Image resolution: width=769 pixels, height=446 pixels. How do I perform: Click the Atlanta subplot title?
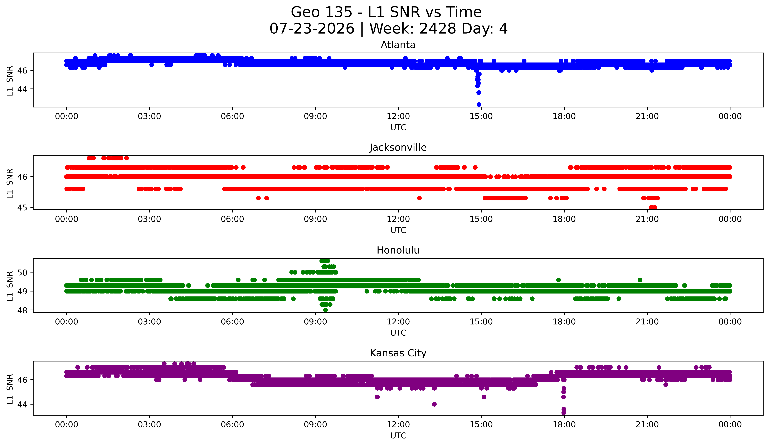pyautogui.click(x=398, y=45)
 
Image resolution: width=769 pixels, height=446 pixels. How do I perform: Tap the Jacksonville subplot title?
pyautogui.click(x=398, y=147)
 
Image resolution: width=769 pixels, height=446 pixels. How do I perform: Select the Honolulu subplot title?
pyautogui.click(x=398, y=250)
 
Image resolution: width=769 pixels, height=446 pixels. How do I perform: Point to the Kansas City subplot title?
pyautogui.click(x=398, y=353)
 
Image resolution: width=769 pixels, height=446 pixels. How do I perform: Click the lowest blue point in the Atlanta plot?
pyautogui.click(x=479, y=105)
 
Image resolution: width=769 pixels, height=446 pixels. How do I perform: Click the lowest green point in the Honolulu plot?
pyautogui.click(x=325, y=310)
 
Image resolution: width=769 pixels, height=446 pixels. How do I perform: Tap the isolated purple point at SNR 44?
pyautogui.click(x=434, y=404)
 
